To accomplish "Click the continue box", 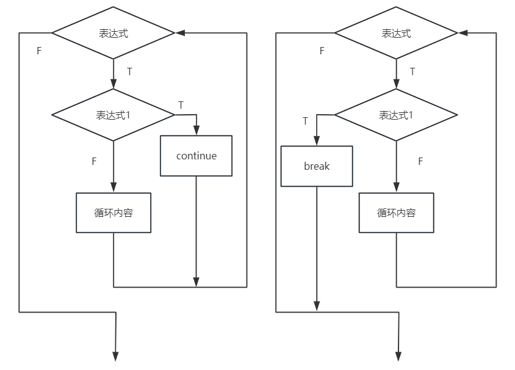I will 196,156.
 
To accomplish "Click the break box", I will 317,166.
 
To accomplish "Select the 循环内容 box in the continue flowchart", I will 113,213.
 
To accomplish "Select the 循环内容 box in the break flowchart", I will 397,213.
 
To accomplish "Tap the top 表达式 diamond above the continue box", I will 113,33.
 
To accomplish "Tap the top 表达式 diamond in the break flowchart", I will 397,33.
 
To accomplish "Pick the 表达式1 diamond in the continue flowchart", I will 113,115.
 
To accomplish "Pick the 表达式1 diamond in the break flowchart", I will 397,115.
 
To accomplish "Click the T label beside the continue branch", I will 181,105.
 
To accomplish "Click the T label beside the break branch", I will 306,121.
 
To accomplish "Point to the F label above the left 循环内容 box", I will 94,161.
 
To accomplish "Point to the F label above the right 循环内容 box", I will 420,161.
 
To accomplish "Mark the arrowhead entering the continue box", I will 196,131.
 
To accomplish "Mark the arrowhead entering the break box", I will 317,142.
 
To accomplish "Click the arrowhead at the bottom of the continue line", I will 196,282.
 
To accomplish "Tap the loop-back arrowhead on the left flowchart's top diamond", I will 179,33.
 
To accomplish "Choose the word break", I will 317,166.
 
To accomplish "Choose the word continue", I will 196,156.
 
